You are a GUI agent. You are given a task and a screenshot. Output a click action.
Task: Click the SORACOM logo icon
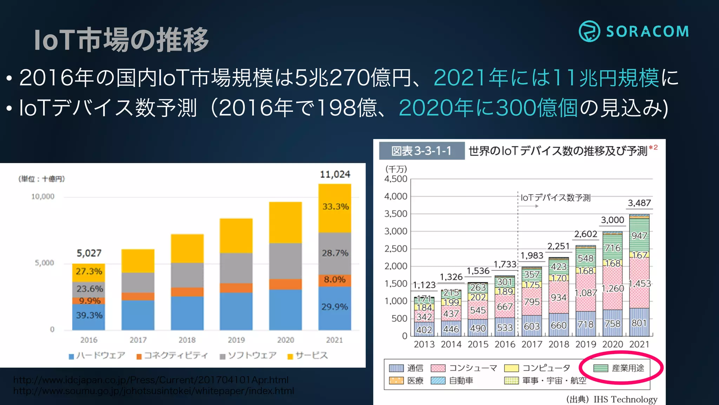(x=589, y=31)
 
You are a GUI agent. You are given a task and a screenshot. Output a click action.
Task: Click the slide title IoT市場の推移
(x=121, y=40)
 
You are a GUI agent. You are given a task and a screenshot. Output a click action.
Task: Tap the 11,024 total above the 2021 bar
(x=335, y=174)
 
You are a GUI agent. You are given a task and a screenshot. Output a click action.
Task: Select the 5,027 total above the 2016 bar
(x=89, y=253)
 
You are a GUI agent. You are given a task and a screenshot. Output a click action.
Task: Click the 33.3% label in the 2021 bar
(x=335, y=207)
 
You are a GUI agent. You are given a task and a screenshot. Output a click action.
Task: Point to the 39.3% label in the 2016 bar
(x=89, y=315)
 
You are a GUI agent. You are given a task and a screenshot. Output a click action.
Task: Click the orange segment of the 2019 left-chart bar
(x=236, y=288)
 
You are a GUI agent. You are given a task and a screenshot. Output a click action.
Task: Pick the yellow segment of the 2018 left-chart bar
(x=187, y=248)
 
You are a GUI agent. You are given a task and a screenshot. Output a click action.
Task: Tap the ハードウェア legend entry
(x=97, y=356)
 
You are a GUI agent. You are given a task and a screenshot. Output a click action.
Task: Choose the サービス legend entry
(x=308, y=356)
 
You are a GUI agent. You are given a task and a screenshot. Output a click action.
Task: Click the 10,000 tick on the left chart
(x=43, y=197)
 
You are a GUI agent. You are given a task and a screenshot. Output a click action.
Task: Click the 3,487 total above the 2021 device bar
(x=639, y=203)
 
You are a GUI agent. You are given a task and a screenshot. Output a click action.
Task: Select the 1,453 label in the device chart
(x=640, y=283)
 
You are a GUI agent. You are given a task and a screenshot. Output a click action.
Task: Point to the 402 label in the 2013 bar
(x=424, y=330)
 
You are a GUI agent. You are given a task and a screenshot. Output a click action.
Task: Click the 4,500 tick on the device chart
(x=396, y=179)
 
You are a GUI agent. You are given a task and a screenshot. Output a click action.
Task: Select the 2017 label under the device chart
(x=532, y=344)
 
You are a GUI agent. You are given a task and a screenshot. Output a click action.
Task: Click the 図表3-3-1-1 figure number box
(x=421, y=151)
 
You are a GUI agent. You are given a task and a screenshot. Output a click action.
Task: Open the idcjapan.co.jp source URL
(x=151, y=380)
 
